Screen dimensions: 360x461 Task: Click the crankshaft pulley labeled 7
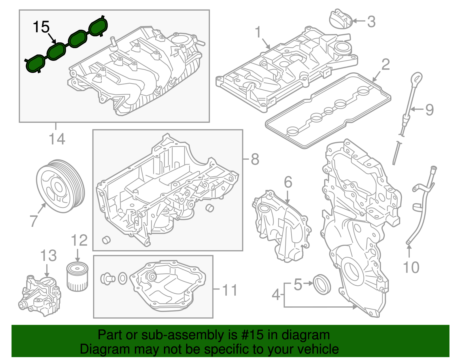(x=60, y=186)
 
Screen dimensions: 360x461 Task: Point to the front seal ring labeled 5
(x=322, y=284)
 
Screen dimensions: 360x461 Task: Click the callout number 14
(x=57, y=139)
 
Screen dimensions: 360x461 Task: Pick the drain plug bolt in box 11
(x=107, y=278)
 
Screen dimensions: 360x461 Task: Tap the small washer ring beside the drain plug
(x=123, y=278)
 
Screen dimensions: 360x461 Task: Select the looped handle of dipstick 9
(x=417, y=79)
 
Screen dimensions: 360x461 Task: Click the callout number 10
(x=411, y=267)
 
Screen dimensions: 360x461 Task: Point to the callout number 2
(x=385, y=65)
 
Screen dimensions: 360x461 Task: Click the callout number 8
(x=255, y=159)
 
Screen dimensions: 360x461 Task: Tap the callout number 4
(x=276, y=295)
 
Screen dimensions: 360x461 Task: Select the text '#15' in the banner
(x=250, y=335)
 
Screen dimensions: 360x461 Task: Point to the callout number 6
(x=288, y=182)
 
